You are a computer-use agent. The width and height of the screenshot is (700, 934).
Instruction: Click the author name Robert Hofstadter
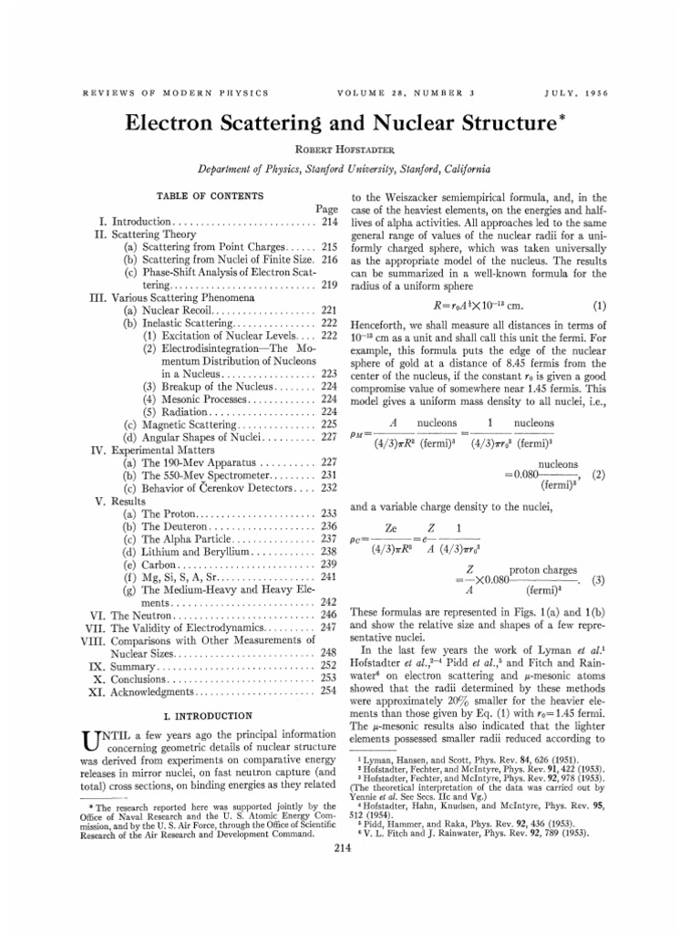350,147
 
